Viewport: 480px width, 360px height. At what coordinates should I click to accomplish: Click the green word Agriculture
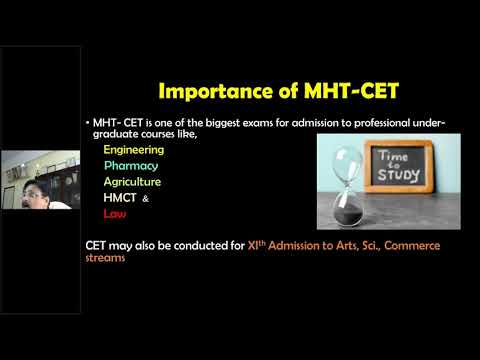point(132,182)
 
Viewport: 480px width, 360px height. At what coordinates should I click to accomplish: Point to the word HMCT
point(120,198)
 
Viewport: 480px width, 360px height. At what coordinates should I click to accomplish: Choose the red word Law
point(114,214)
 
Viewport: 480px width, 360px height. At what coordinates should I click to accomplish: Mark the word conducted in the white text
point(190,246)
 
